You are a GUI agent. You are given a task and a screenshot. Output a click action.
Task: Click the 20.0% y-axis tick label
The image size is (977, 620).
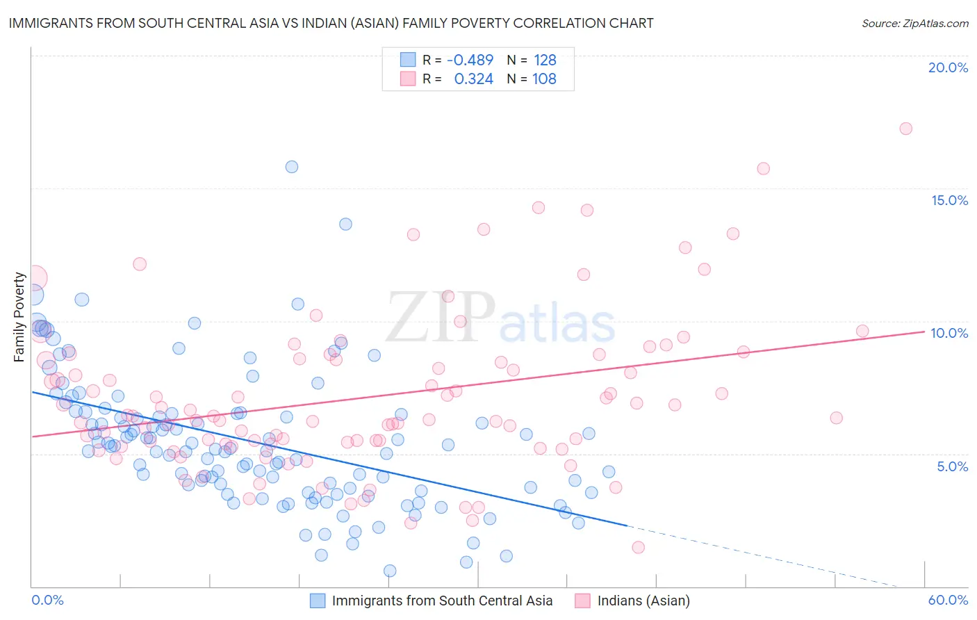pyautogui.click(x=948, y=67)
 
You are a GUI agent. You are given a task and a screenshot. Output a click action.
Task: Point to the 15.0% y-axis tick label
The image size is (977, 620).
pyautogui.click(x=949, y=200)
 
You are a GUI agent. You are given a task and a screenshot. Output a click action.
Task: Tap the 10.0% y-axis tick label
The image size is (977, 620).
pyautogui.click(x=949, y=333)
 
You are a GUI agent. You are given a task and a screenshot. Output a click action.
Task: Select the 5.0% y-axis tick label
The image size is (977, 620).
pyautogui.click(x=952, y=466)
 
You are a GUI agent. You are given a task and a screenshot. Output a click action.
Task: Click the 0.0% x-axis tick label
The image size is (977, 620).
pyautogui.click(x=47, y=600)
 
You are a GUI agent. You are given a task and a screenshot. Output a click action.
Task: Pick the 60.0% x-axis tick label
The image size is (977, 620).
pyautogui.click(x=948, y=600)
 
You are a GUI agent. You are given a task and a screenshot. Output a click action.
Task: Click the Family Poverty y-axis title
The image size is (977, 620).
pyautogui.click(x=19, y=317)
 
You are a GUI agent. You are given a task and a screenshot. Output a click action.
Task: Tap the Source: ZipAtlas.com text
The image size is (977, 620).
pyautogui.click(x=914, y=24)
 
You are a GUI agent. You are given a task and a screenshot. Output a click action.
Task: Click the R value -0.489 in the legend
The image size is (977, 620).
pyautogui.click(x=470, y=60)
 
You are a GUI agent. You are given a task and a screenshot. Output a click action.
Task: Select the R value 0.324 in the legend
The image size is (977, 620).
pyautogui.click(x=473, y=79)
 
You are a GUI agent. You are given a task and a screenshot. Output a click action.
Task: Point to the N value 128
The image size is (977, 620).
pyautogui.click(x=545, y=60)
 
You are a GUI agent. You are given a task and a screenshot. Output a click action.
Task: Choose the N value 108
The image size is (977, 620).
pyautogui.click(x=544, y=79)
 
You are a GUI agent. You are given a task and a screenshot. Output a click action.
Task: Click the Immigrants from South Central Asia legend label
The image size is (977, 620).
pyautogui.click(x=442, y=601)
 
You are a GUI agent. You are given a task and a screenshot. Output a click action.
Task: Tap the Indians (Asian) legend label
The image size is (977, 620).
pyautogui.click(x=643, y=601)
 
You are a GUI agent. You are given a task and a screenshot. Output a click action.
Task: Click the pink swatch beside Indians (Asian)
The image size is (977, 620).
pyautogui.click(x=582, y=601)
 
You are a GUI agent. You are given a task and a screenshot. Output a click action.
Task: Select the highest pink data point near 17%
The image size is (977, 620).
pyautogui.click(x=905, y=129)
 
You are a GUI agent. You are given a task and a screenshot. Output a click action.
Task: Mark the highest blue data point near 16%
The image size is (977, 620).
pyautogui.click(x=292, y=167)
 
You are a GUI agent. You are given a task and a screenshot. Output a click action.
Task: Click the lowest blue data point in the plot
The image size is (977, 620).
pyautogui.click(x=390, y=571)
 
